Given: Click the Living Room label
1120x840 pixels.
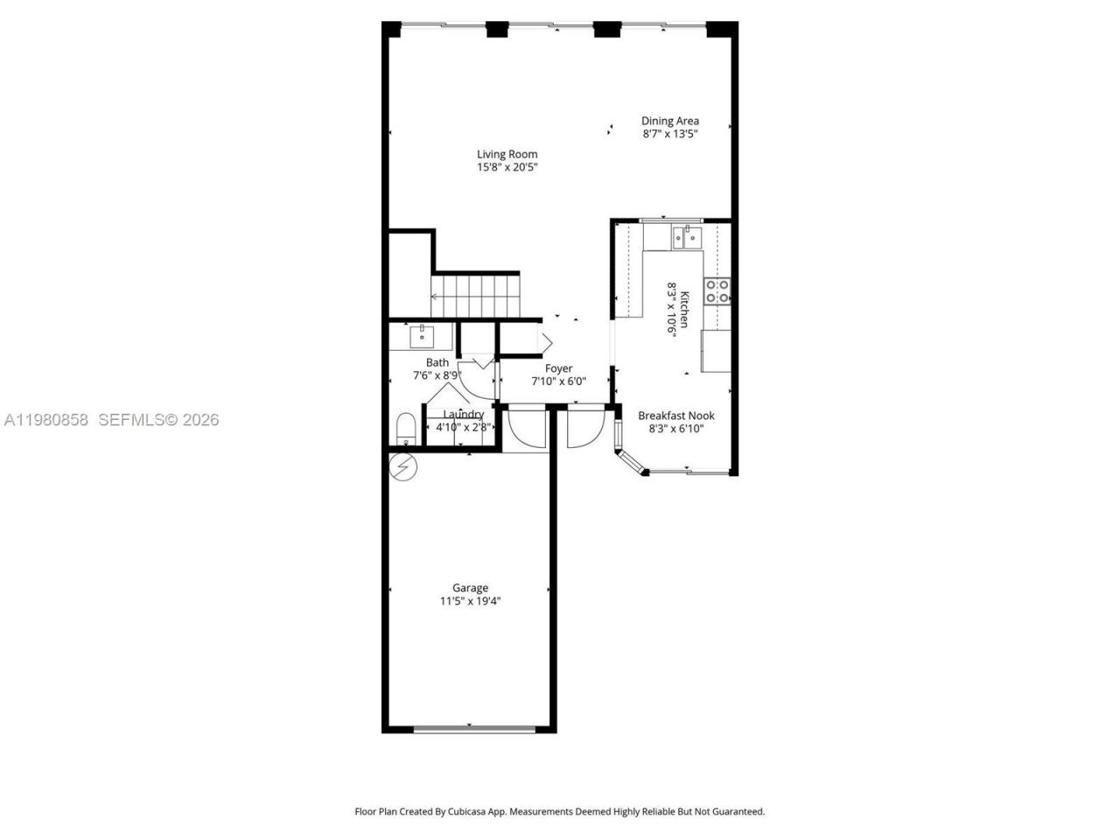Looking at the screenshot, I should click(507, 154).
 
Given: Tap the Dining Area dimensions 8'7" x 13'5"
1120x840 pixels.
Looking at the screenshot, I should click(669, 135).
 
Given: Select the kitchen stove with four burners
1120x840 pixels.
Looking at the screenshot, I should click(717, 290).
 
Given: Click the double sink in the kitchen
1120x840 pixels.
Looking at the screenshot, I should click(686, 236).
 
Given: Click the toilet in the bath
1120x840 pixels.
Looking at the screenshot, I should click(406, 429).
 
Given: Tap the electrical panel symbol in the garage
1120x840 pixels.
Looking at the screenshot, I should click(403, 468).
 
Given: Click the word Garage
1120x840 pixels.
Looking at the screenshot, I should click(470, 588).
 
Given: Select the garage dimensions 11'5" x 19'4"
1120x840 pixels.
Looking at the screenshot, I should click(470, 602).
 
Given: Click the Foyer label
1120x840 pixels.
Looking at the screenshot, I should click(558, 368).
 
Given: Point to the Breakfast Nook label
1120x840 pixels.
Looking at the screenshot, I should click(675, 416).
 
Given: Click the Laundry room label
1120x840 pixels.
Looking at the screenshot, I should click(463, 415).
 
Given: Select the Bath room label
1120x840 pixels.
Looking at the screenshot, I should click(437, 362).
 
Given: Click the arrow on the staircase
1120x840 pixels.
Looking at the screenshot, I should click(435, 297).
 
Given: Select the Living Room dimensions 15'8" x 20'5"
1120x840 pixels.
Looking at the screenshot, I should click(507, 167).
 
